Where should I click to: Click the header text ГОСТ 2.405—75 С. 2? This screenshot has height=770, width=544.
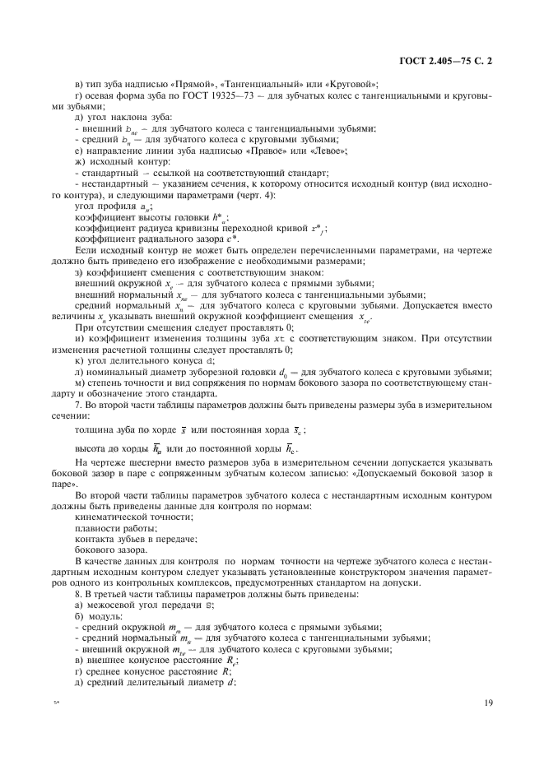tap(451, 61)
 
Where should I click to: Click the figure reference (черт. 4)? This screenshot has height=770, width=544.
tap(256, 196)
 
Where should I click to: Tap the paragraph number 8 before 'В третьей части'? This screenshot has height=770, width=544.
tap(77, 593)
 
